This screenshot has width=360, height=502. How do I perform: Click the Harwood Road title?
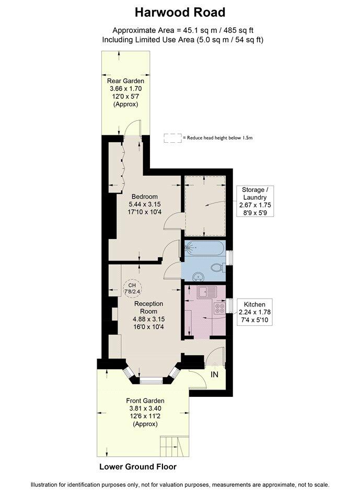pyautogui.click(x=180, y=13)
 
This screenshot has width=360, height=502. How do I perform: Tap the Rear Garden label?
pyautogui.click(x=125, y=81)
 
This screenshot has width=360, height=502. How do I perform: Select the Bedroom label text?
pyautogui.click(x=145, y=197)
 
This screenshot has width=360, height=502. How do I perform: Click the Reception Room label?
pyautogui.click(x=149, y=307)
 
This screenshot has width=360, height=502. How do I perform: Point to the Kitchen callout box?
pyautogui.click(x=255, y=312)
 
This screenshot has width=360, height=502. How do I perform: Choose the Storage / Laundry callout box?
pyautogui.click(x=255, y=201)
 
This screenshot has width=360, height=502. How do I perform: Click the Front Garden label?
pyautogui.click(x=145, y=401)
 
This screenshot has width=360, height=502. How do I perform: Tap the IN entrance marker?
pyautogui.click(x=214, y=374)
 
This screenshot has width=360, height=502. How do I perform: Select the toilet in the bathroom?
pyautogui.click(x=218, y=267)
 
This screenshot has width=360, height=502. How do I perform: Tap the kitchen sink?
pyautogui.click(x=207, y=292)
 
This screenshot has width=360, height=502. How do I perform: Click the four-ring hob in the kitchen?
pyautogui.click(x=220, y=308)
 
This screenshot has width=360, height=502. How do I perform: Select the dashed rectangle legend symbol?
pyautogui.click(x=173, y=138)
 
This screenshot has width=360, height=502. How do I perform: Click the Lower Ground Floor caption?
pyautogui.click(x=138, y=466)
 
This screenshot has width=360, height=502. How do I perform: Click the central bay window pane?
pyautogui.click(x=152, y=381)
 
